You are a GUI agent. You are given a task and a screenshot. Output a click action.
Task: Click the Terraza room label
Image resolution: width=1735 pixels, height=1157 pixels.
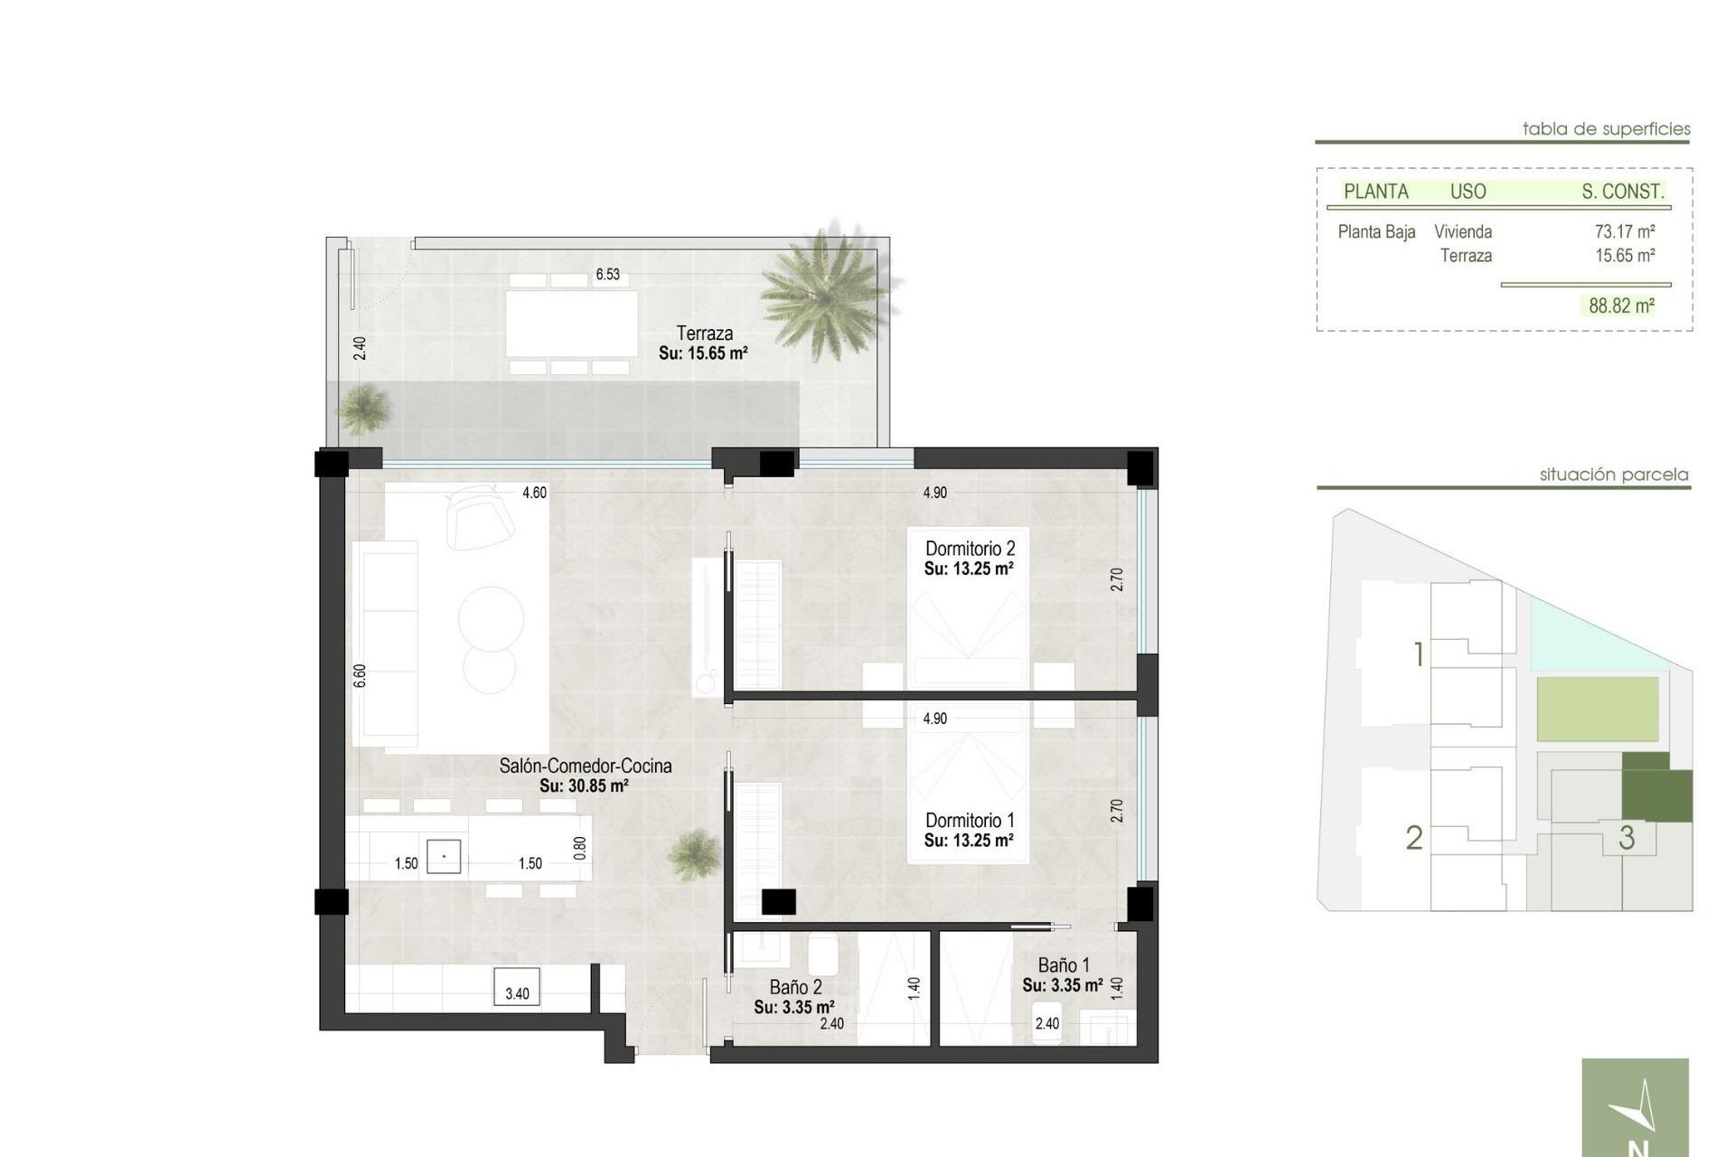704,334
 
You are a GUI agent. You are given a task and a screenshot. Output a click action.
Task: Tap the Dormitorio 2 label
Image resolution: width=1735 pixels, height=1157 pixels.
970,549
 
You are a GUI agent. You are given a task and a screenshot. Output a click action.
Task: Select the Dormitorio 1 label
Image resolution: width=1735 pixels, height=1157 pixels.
970,821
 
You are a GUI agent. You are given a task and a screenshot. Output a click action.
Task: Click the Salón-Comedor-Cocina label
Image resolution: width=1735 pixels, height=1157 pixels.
585,767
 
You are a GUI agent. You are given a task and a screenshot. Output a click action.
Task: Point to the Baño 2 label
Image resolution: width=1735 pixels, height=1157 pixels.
795,988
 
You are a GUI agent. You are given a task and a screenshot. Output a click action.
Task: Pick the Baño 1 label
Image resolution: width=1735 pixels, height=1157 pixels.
1064,965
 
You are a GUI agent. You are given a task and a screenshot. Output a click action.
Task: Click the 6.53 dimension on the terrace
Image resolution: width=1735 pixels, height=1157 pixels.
607,275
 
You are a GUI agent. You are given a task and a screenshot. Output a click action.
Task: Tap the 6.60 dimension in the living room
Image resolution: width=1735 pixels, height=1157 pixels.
361,675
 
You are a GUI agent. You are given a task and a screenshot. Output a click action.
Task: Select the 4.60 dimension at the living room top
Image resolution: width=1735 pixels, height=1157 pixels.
534,494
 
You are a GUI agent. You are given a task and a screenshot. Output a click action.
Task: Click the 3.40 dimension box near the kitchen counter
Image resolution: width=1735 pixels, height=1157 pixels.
517,993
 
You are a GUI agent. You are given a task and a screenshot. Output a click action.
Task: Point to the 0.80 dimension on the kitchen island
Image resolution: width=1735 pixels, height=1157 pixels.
580,848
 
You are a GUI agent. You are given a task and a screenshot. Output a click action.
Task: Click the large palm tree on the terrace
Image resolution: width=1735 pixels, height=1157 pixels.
825,291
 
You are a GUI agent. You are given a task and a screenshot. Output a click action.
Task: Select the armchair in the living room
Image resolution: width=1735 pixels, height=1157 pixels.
479,515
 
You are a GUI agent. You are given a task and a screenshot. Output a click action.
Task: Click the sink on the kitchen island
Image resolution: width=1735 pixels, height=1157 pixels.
444,856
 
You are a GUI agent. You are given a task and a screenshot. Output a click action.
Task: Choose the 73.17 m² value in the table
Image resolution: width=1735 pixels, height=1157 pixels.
1624,232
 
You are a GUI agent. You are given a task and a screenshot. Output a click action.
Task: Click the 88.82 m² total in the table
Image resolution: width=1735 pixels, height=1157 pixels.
1621,306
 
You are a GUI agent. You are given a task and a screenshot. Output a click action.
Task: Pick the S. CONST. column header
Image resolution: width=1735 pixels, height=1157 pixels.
1622,192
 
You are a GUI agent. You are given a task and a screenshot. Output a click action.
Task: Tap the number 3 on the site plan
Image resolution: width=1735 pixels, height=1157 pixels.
1627,838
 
